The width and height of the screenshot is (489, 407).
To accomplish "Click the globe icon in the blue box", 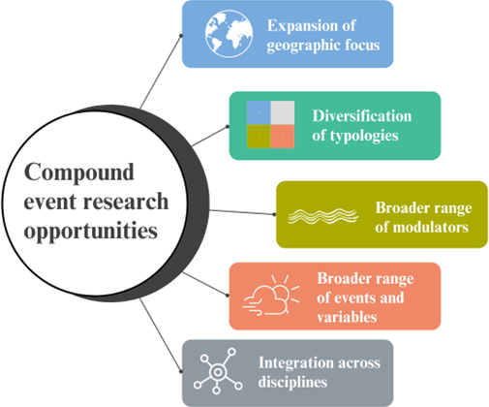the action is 229,34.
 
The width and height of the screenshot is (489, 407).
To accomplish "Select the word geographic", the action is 303,46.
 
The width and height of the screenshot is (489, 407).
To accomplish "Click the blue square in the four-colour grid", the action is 259,112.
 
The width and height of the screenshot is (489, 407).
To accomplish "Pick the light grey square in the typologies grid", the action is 283,112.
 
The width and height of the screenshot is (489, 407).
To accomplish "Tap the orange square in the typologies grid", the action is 283,137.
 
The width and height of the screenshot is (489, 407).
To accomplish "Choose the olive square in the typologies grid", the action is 259,137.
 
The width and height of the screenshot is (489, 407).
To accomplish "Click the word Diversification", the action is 362,116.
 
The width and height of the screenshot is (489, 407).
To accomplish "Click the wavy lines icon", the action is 323,216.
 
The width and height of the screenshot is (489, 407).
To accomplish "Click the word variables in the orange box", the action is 347,317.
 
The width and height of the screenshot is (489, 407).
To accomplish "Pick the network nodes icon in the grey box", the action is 218,371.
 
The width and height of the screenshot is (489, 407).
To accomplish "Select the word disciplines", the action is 292,382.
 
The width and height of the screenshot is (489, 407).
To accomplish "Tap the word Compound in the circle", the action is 79,172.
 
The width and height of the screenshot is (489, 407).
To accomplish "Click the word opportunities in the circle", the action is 91,232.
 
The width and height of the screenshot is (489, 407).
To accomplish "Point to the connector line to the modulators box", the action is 242,212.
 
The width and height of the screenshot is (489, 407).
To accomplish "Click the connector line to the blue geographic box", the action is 161,72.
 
